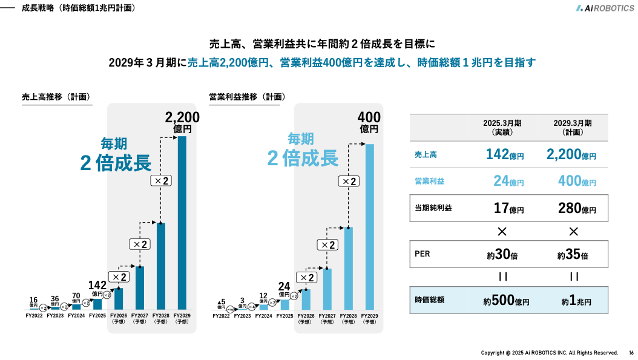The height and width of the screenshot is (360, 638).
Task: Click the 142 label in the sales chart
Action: pyautogui.click(x=97, y=286)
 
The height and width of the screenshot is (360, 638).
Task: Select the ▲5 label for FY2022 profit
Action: pyautogui.click(x=221, y=302)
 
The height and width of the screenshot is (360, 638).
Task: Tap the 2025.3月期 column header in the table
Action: pyautogui.click(x=502, y=127)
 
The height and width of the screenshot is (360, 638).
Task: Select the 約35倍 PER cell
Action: pyautogui.click(x=572, y=255)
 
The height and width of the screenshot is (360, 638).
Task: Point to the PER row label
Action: pyautogui.click(x=423, y=254)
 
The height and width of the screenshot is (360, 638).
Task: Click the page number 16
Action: pyautogui.click(x=631, y=353)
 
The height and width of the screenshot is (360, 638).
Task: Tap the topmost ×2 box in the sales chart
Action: pyautogui.click(x=160, y=181)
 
